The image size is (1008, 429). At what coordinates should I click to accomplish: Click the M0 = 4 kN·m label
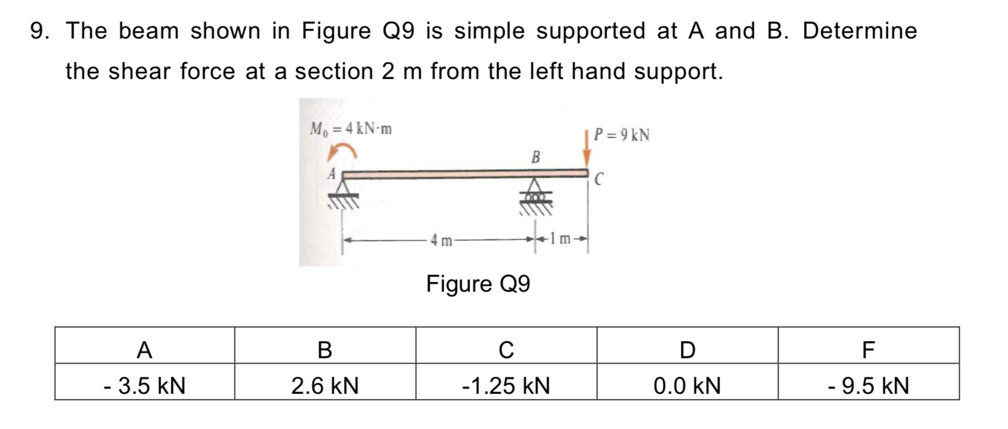click(x=351, y=129)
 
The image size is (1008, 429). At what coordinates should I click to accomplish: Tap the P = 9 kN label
click(x=622, y=135)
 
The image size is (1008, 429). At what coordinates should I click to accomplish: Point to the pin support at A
click(x=343, y=192)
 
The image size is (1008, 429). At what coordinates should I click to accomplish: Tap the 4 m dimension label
click(x=442, y=240)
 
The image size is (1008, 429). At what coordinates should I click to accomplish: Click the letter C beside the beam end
click(x=599, y=179)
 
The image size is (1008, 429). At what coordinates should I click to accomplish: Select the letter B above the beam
click(x=535, y=158)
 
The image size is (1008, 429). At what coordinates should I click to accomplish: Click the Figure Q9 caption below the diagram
click(x=478, y=283)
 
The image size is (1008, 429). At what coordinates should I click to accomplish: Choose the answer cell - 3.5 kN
click(x=144, y=385)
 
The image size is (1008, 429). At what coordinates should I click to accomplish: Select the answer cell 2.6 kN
click(x=325, y=385)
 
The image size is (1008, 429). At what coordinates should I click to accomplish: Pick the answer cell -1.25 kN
click(x=506, y=385)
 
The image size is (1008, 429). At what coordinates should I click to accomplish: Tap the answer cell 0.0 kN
click(x=687, y=385)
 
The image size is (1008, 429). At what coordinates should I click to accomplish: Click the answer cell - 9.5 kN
click(x=868, y=385)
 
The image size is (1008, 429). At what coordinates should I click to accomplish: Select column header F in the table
click(x=868, y=349)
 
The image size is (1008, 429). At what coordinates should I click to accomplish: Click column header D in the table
click(x=687, y=349)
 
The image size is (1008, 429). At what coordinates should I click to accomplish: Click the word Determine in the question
click(x=860, y=31)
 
